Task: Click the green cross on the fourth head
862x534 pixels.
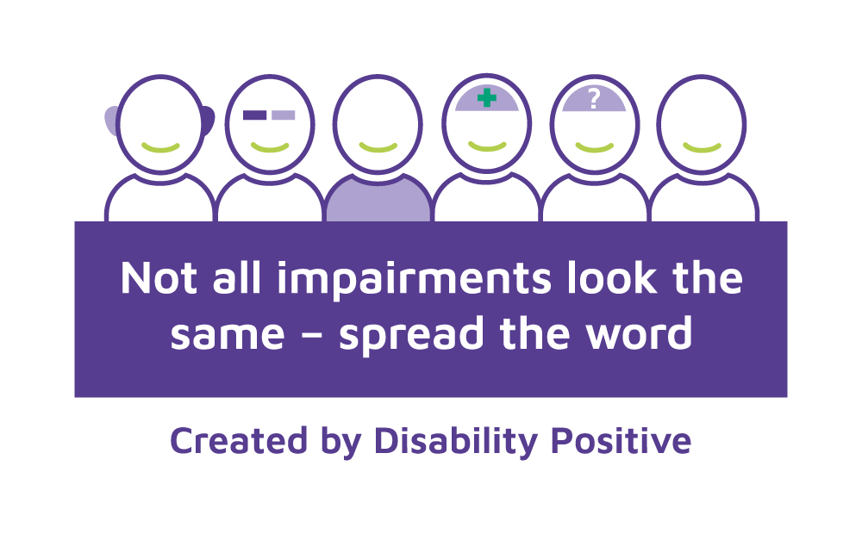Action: (x=486, y=98)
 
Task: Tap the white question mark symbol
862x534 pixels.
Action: (x=593, y=99)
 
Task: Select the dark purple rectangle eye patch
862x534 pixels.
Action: (x=254, y=115)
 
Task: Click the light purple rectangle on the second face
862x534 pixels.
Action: (x=283, y=115)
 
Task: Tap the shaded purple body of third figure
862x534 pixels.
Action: (x=378, y=201)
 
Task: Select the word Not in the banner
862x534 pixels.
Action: (x=159, y=278)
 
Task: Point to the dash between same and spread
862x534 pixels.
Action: (x=311, y=336)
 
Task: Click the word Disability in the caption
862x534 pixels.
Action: (x=456, y=442)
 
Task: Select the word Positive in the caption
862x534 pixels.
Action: (x=622, y=441)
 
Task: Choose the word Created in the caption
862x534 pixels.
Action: (x=238, y=441)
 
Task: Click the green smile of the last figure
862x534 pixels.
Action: (x=702, y=147)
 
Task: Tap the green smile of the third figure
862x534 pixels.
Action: (x=378, y=147)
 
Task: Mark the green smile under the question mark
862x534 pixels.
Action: (x=594, y=147)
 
